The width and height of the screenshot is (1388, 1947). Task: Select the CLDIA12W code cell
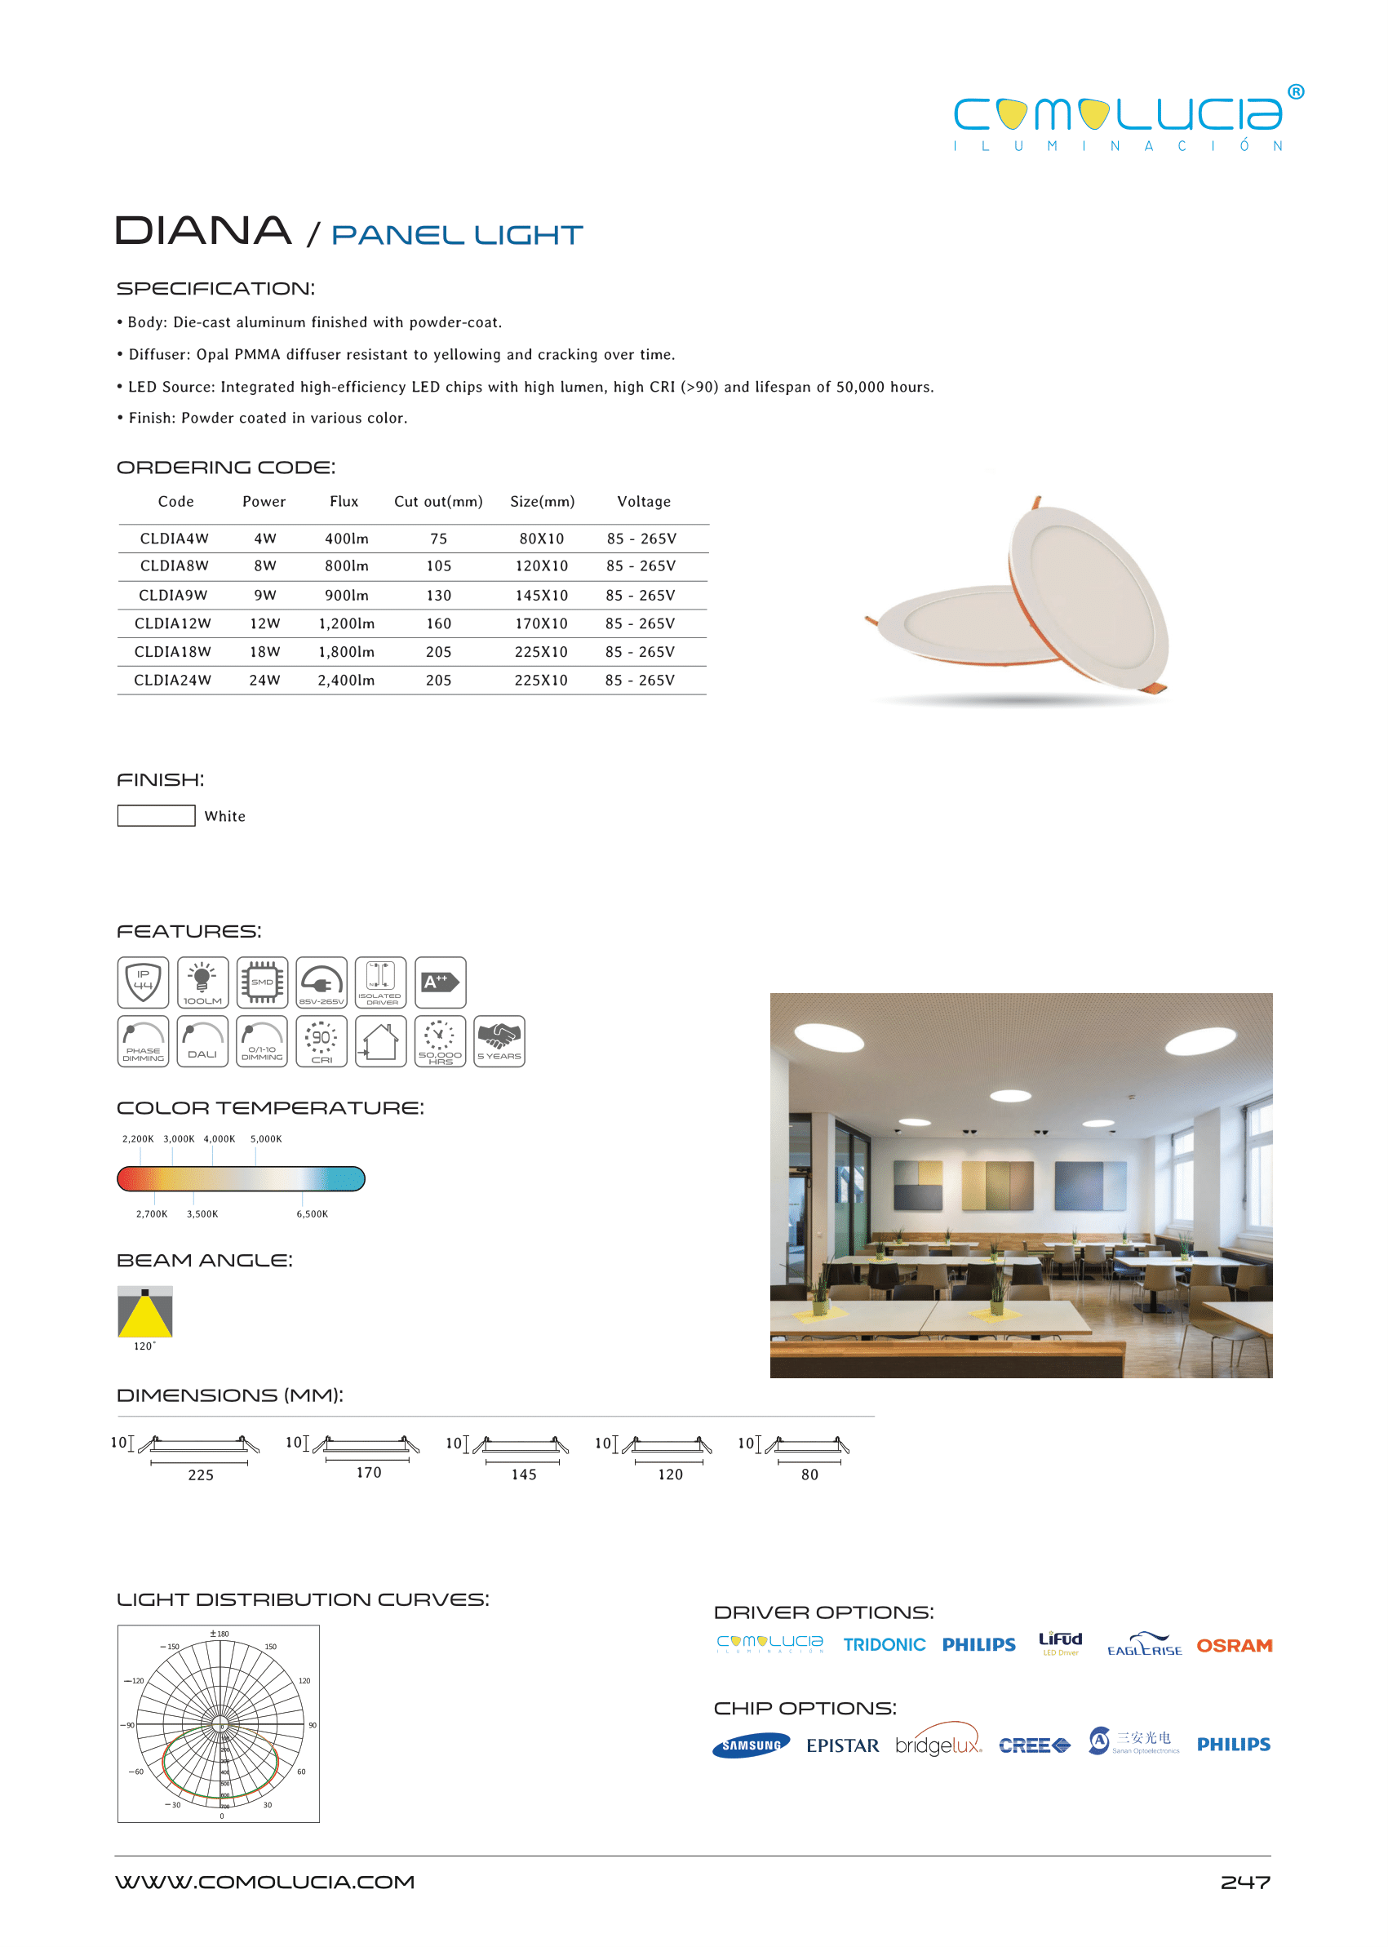pyautogui.click(x=173, y=624)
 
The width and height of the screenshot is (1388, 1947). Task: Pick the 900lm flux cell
pyautogui.click(x=346, y=596)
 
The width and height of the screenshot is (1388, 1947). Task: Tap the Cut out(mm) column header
pyautogui.click(x=437, y=502)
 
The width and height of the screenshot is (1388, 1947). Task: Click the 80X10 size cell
pyautogui.click(x=541, y=539)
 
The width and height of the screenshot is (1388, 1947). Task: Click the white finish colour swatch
pyautogui.click(x=156, y=815)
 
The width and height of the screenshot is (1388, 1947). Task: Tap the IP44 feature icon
pyautogui.click(x=143, y=982)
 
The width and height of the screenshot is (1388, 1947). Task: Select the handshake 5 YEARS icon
pyautogui.click(x=499, y=1041)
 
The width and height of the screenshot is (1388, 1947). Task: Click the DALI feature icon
pyautogui.click(x=202, y=1041)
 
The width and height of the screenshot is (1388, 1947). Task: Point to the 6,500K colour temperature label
pyautogui.click(x=312, y=1213)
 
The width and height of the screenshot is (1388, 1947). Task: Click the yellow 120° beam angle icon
pyautogui.click(x=144, y=1312)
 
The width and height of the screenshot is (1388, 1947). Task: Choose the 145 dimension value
pyautogui.click(x=524, y=1475)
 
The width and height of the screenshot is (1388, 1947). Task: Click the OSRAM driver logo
pyautogui.click(x=1233, y=1645)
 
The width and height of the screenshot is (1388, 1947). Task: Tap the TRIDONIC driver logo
pyautogui.click(x=884, y=1644)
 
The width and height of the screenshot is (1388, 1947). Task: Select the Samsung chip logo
pyautogui.click(x=751, y=1745)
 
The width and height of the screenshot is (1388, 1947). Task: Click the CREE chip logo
pyautogui.click(x=1033, y=1745)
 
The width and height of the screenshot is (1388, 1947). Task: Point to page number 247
pyautogui.click(x=1244, y=1882)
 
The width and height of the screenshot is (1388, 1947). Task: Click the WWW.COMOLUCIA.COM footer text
pyautogui.click(x=265, y=1882)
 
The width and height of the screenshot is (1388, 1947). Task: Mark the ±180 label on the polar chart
pyautogui.click(x=220, y=1634)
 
